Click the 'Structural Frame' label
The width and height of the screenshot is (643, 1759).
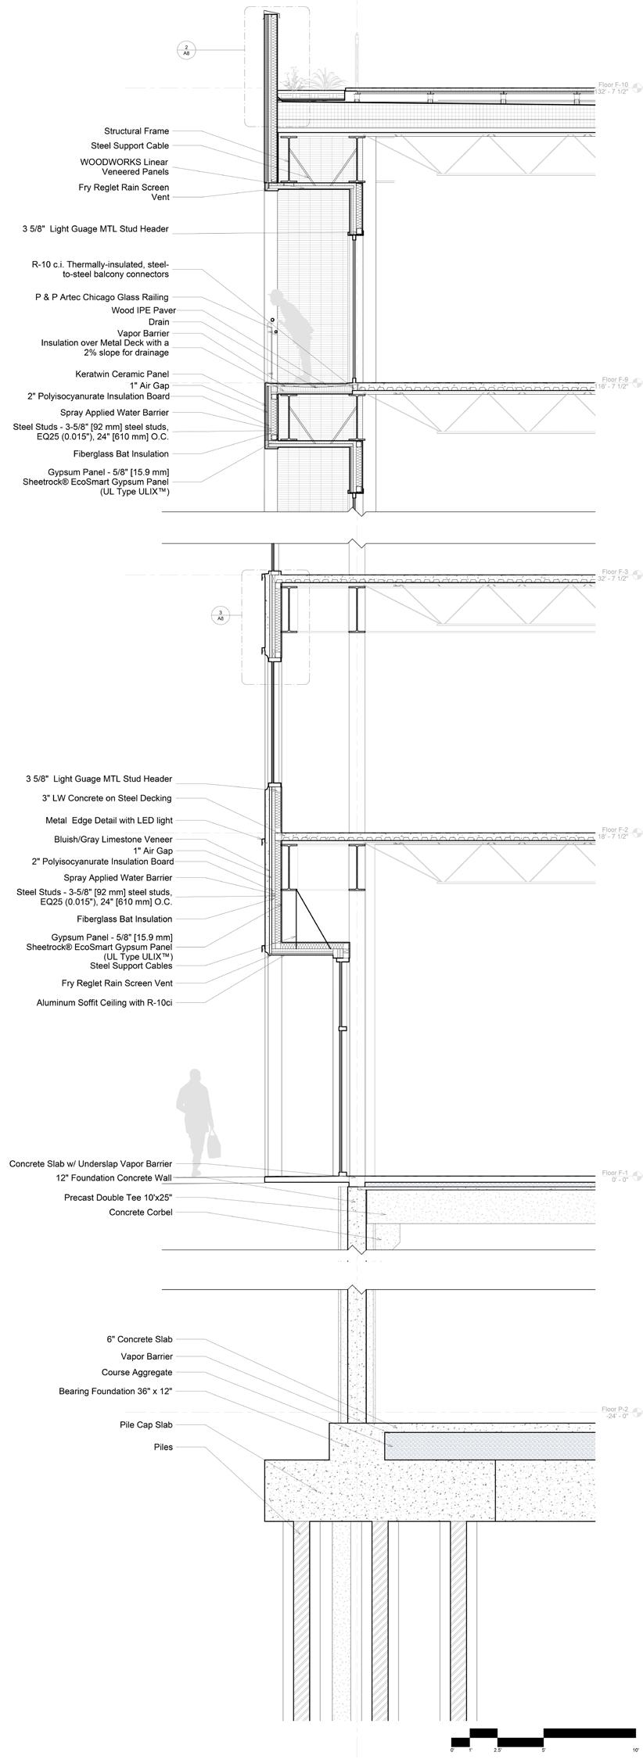[136, 131]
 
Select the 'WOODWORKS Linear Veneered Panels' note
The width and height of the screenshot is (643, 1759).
[135, 167]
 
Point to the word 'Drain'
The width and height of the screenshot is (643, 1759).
[159, 322]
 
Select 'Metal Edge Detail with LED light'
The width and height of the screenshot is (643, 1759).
[109, 820]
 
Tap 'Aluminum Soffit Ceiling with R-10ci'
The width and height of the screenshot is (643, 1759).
[104, 1001]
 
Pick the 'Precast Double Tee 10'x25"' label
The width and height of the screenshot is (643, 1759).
[118, 1196]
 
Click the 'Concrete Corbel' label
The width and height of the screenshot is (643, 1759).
[141, 1212]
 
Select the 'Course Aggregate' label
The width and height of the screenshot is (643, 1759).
[137, 1372]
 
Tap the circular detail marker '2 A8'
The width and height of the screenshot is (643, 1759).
[186, 51]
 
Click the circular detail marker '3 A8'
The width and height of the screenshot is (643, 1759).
[221, 615]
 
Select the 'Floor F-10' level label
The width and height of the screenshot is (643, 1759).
[612, 84]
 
